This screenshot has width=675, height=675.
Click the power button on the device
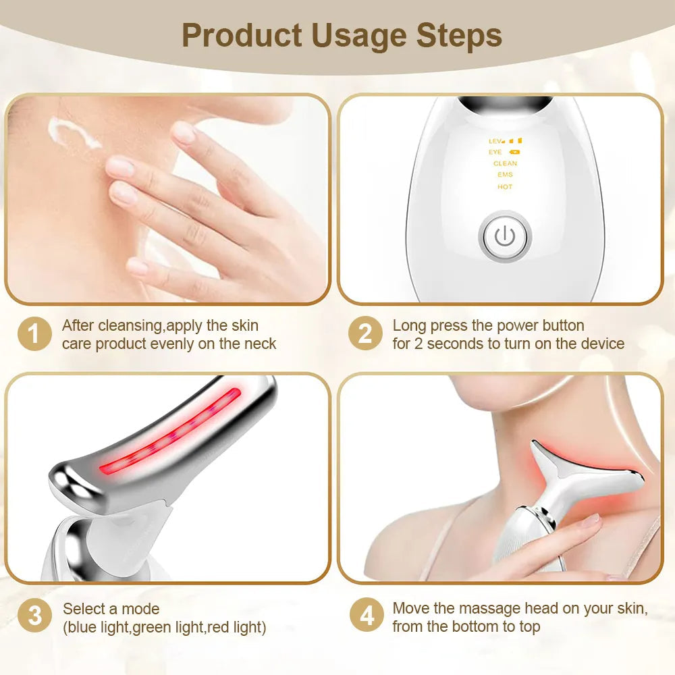[x=505, y=237]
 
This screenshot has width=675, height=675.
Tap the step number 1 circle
[x=34, y=334]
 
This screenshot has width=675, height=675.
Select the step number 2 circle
[x=365, y=334]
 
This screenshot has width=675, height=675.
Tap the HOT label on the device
[x=505, y=187]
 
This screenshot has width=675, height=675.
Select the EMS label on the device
[x=505, y=175]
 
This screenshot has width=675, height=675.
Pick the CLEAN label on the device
[x=505, y=163]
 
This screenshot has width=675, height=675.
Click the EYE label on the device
[x=495, y=153]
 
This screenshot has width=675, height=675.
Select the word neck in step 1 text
[x=259, y=344]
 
